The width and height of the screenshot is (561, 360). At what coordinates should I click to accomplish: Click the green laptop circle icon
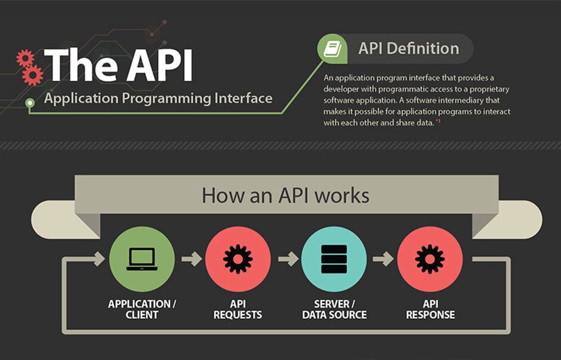tap(142, 259)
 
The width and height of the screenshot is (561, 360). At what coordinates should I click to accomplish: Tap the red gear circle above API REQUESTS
tap(238, 259)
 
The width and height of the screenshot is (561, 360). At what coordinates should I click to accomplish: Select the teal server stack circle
tap(334, 259)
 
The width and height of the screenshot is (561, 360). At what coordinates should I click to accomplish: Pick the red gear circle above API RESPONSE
tap(430, 259)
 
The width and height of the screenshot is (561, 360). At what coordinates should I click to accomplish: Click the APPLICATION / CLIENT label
tap(142, 309)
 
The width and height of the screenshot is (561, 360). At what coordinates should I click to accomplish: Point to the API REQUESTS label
tap(238, 309)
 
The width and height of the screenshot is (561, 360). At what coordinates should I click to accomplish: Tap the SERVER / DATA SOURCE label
tap(334, 309)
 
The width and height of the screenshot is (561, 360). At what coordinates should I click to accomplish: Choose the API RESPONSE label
tap(430, 309)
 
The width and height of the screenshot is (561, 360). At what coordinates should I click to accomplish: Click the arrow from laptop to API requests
tap(191, 259)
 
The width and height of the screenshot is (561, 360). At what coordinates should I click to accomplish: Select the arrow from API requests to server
tap(288, 259)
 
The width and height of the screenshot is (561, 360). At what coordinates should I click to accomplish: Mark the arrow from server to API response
tap(383, 259)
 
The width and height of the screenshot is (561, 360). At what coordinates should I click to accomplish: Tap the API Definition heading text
tap(408, 48)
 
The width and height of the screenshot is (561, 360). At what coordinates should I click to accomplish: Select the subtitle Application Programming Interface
tap(158, 98)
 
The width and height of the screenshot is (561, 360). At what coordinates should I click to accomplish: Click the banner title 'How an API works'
tap(285, 195)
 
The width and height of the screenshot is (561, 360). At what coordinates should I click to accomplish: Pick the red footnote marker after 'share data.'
tap(438, 121)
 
